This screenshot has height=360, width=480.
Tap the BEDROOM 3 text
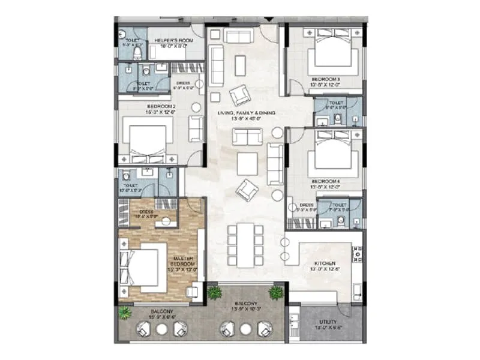pos(326,79)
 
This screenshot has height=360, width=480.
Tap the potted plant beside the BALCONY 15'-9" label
pos(124,313)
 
